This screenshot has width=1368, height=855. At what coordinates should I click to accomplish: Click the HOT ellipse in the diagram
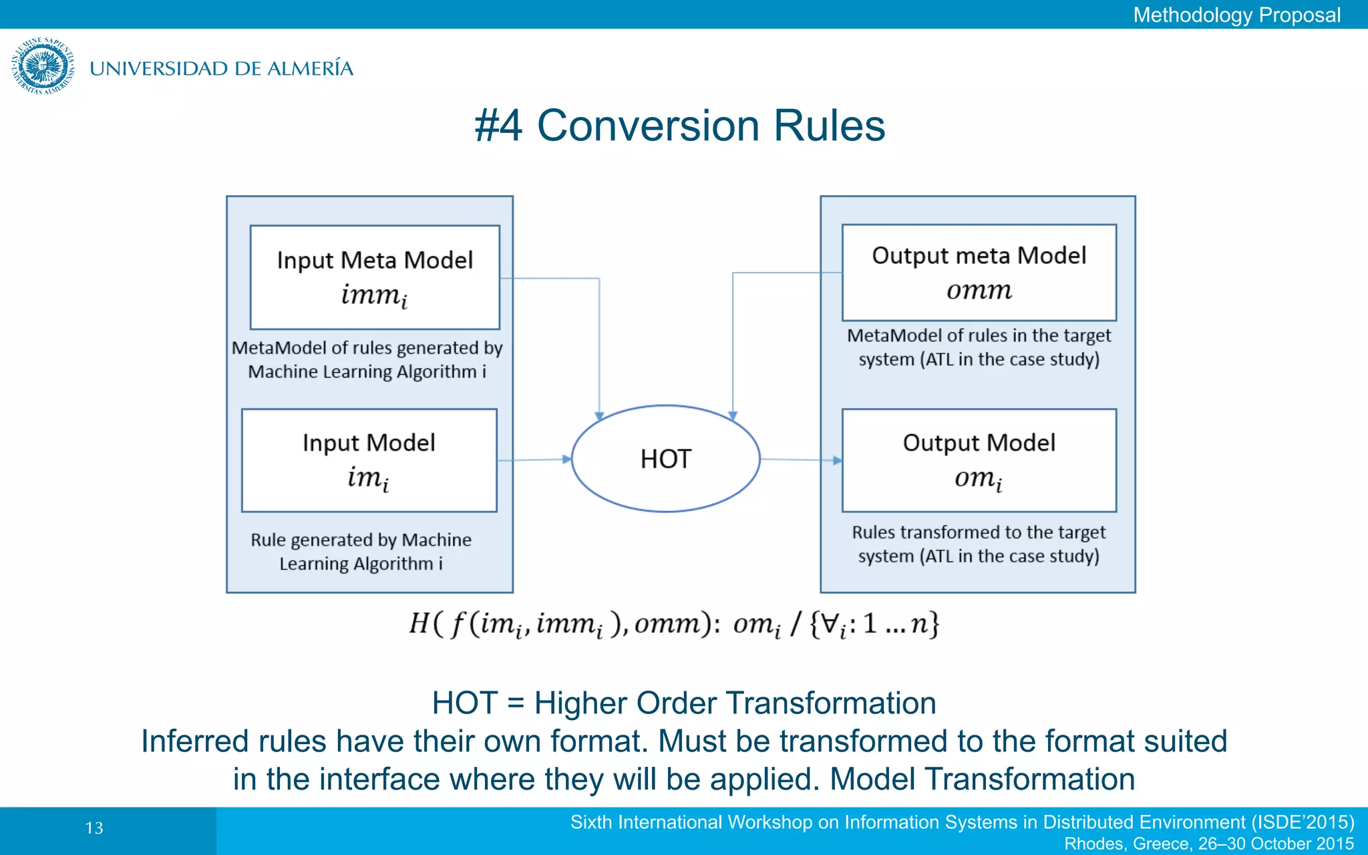pyautogui.click(x=665, y=459)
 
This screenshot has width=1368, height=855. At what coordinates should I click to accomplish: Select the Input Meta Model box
pyautogui.click(x=375, y=277)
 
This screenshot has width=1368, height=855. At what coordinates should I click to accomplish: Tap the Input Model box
pyautogui.click(x=369, y=460)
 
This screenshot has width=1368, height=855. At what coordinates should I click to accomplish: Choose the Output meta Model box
pyautogui.click(x=979, y=273)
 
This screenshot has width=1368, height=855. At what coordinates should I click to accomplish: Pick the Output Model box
pyautogui.click(x=979, y=460)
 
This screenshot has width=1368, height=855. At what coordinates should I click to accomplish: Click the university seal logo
pyautogui.click(x=43, y=66)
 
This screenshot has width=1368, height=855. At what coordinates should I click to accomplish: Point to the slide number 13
pyautogui.click(x=94, y=828)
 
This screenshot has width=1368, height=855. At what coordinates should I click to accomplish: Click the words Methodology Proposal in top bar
pyautogui.click(x=1236, y=15)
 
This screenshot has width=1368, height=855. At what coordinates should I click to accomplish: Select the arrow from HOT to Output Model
pyautogui.click(x=800, y=460)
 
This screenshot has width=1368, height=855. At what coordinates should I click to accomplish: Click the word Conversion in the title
pyautogui.click(x=649, y=126)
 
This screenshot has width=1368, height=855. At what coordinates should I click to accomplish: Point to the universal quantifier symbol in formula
pyautogui.click(x=829, y=623)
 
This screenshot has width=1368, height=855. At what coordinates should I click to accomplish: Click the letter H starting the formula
pyautogui.click(x=419, y=623)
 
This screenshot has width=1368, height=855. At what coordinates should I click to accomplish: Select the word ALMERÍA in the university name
pyautogui.click(x=310, y=68)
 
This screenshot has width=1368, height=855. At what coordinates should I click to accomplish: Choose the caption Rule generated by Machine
pyautogui.click(x=361, y=540)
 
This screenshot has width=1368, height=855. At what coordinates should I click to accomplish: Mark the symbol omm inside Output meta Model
pyautogui.click(x=979, y=291)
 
